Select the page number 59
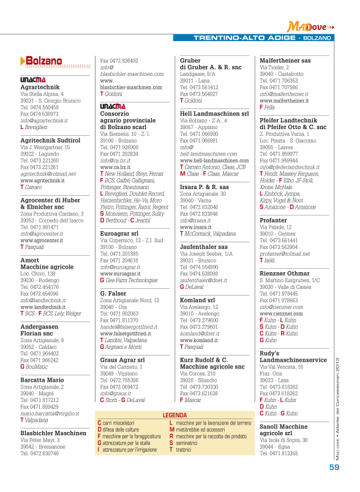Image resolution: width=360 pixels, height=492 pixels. coord(334,467)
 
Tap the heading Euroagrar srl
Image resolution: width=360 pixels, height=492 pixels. coord(119,233)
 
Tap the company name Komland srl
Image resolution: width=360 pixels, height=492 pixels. coord(197,300)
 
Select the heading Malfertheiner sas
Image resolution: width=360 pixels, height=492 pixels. coord(285,61)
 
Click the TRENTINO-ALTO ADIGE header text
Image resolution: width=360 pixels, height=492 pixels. coord(244,38)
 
